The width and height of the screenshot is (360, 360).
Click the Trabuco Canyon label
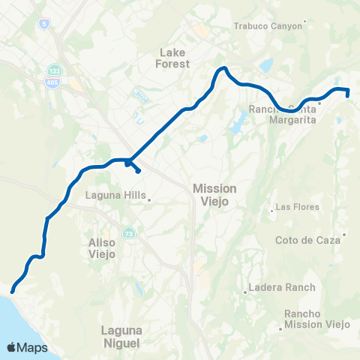point(268,25)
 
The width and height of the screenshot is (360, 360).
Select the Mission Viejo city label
point(214,194)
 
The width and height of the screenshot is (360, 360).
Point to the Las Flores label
point(298,207)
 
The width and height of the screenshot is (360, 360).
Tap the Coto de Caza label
point(310,240)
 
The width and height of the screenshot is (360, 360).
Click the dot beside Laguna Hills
point(150,199)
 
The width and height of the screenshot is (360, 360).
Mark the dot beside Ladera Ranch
point(246,292)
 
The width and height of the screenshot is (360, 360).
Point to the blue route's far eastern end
point(348,94)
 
